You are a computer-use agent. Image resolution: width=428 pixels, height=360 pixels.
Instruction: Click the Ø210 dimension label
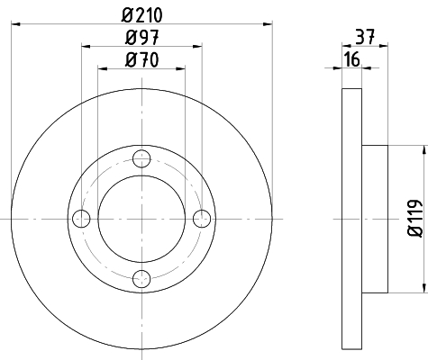pos(142,15)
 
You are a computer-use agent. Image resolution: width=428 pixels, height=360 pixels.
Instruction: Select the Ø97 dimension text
pos(141,38)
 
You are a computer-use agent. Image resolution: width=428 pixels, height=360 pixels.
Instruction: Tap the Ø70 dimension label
pos(141,59)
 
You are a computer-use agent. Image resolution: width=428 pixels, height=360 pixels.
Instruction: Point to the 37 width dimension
pos(365,37)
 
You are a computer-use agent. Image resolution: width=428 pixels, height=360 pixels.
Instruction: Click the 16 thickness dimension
pos(352,59)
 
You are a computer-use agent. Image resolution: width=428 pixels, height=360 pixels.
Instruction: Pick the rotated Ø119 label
pos(414,218)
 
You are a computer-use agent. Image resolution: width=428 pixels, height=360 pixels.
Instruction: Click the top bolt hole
pos(141,158)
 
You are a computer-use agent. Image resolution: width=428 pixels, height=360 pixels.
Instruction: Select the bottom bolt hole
pos(141,279)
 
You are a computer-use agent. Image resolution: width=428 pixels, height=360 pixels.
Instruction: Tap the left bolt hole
pos(81,219)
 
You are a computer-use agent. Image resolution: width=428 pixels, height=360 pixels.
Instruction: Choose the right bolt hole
pos(202,219)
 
